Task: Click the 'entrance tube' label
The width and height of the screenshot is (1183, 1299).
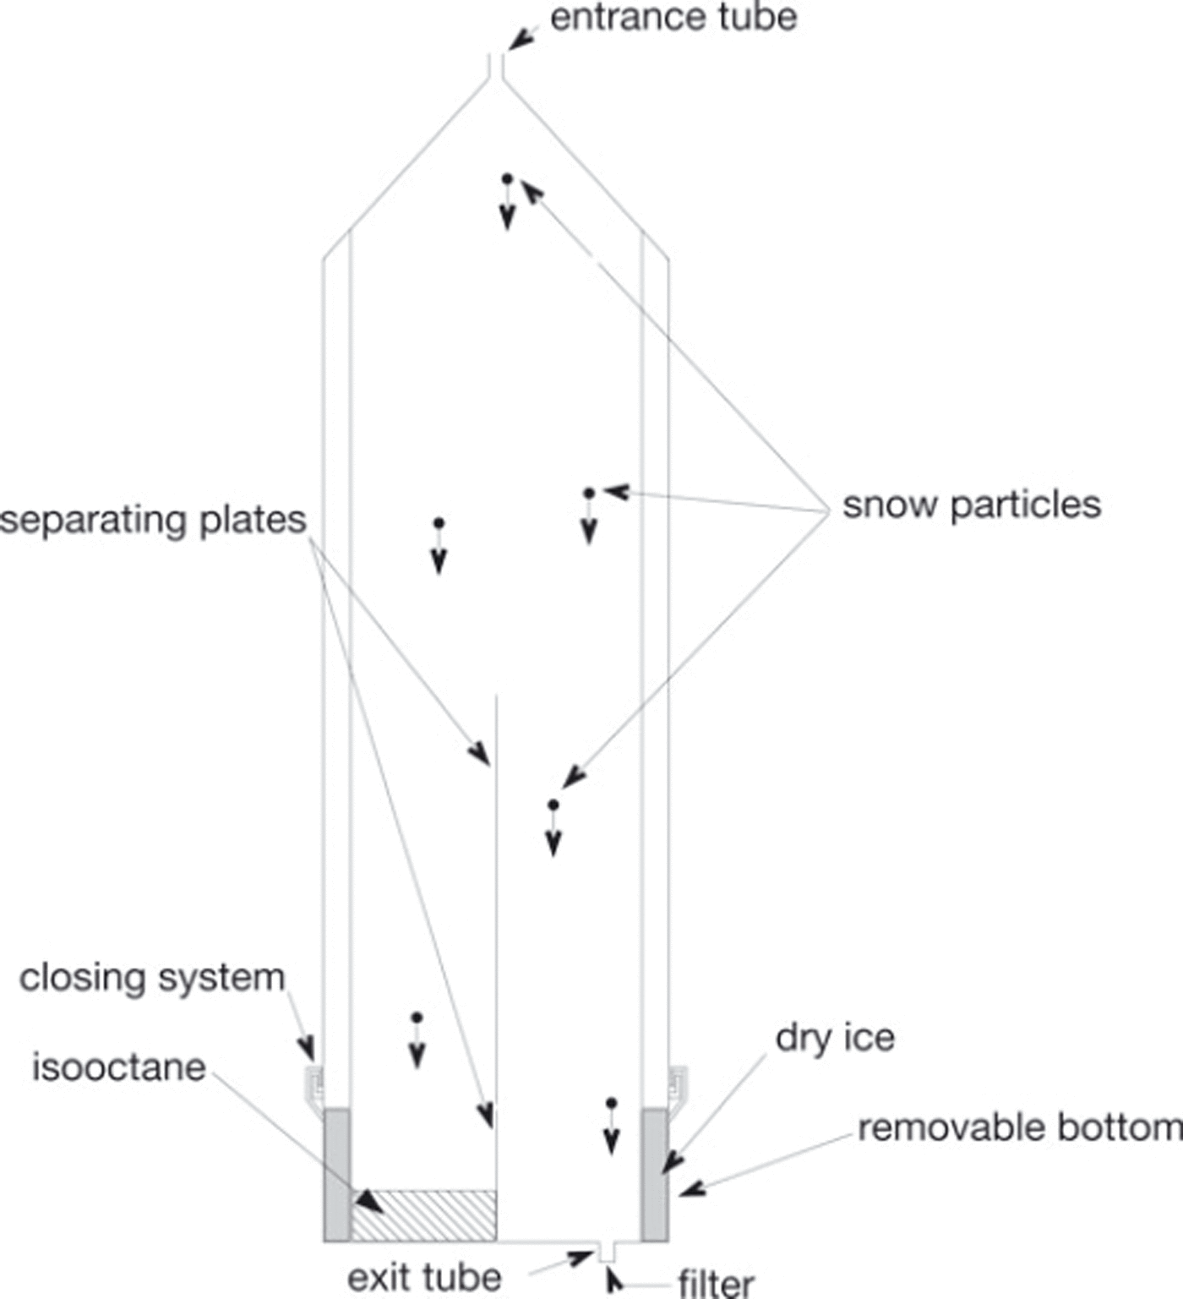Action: point(673,18)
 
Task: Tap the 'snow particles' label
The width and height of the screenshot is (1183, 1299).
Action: point(972,505)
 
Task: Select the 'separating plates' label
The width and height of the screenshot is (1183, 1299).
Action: point(153,520)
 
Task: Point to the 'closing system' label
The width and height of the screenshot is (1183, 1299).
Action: point(152,978)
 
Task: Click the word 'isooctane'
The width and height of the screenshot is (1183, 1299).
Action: point(119,1067)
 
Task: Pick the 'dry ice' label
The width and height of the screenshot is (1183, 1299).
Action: point(835,1038)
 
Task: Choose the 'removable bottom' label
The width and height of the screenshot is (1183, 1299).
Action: point(1020,1127)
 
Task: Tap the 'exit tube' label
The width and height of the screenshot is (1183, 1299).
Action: point(424,1277)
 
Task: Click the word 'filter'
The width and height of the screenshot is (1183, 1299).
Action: point(716,1283)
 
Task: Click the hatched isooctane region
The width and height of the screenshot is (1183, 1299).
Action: point(423,1215)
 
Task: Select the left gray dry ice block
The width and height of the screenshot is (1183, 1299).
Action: point(337,1175)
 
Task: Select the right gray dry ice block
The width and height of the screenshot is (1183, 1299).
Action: point(655,1175)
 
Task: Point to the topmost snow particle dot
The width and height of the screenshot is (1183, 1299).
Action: point(507,178)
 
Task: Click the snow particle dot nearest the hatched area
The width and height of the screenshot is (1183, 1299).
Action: point(417,1018)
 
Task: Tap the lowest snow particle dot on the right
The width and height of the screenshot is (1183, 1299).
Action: point(612,1103)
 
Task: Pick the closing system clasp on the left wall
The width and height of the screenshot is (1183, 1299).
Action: point(314,1086)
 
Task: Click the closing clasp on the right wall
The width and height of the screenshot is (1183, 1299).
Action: point(678,1086)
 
